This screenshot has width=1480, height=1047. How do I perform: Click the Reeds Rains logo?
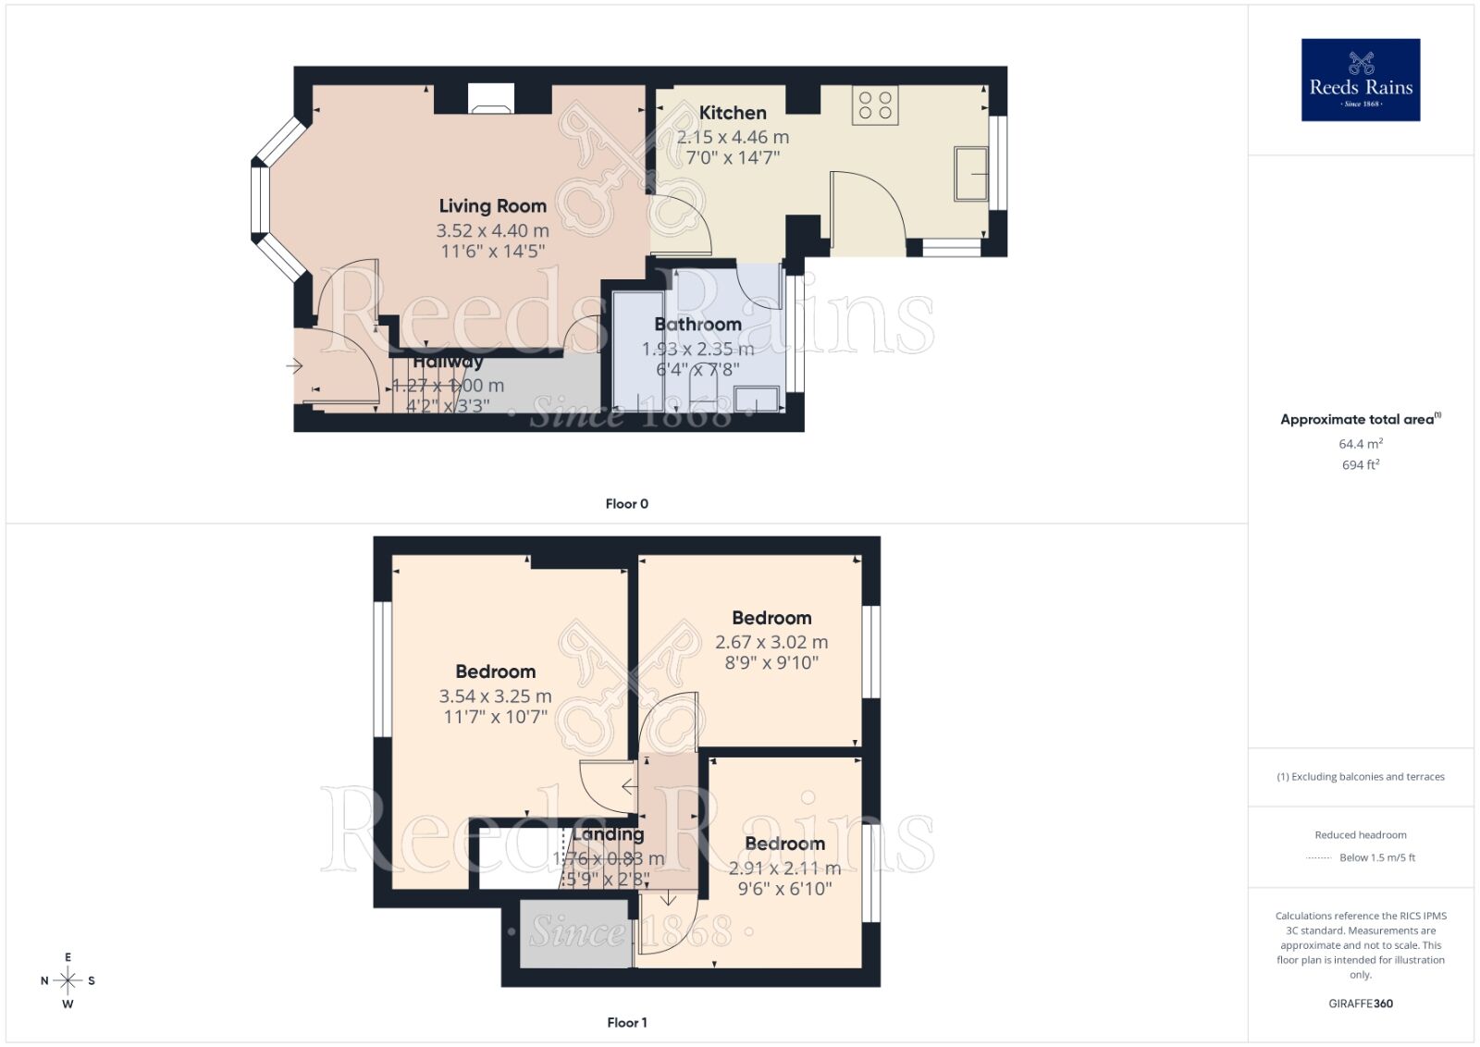click(x=1360, y=80)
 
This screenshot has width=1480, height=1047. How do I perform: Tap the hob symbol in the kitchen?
click(x=875, y=105)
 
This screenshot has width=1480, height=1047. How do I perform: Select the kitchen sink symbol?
click(x=971, y=173)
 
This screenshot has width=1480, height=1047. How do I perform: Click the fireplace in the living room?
click(x=489, y=98)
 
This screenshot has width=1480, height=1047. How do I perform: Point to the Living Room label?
click(x=492, y=206)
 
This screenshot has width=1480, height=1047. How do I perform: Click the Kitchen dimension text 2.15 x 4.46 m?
click(x=733, y=137)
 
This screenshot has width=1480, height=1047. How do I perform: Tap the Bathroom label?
click(x=697, y=325)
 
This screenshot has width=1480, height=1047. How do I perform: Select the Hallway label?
click(x=448, y=362)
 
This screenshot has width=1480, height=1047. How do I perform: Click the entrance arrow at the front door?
click(x=294, y=367)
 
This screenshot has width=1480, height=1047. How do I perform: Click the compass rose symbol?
click(x=68, y=980)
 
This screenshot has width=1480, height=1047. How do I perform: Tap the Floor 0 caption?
click(x=626, y=504)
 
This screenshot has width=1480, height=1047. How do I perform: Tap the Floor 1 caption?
click(x=626, y=1023)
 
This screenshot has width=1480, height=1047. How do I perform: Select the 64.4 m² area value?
click(x=1360, y=444)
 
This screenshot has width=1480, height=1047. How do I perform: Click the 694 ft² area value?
click(x=1360, y=465)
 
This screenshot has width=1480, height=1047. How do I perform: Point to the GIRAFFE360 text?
click(x=1360, y=1004)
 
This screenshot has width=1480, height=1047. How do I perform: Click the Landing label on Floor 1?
click(x=608, y=834)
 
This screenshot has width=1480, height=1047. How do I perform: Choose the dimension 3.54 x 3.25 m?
click(x=495, y=696)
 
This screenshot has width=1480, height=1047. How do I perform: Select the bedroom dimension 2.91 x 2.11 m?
click(x=784, y=868)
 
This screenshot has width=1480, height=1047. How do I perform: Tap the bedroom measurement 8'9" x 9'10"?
click(x=771, y=663)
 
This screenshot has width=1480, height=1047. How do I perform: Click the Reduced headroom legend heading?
click(x=1360, y=835)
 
